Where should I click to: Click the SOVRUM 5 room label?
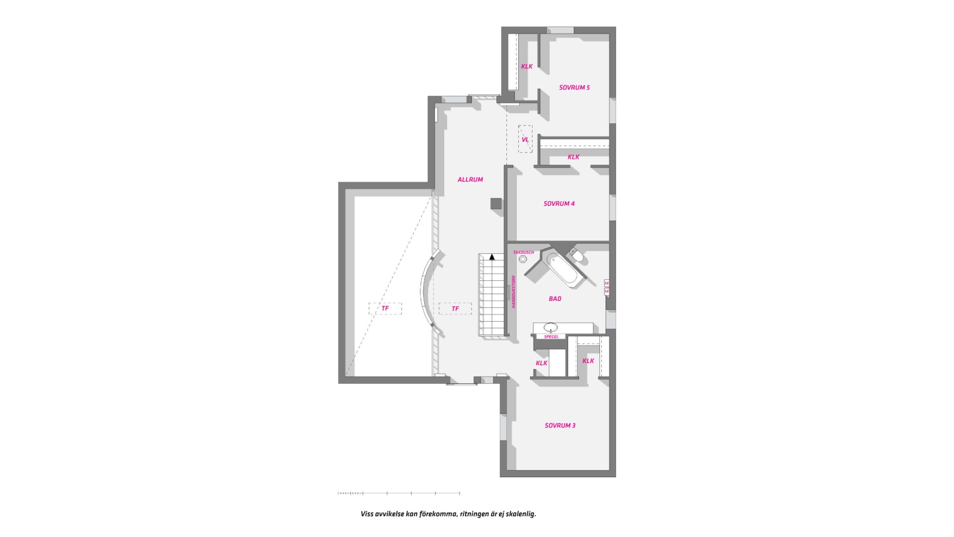(x=574, y=88)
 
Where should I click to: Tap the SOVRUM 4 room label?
(x=559, y=203)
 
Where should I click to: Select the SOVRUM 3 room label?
(x=560, y=426)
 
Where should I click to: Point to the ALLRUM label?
(x=470, y=179)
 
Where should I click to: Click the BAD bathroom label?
(x=555, y=299)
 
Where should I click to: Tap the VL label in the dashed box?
(x=525, y=140)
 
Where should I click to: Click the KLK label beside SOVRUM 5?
(x=527, y=66)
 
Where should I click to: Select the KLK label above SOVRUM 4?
(x=573, y=157)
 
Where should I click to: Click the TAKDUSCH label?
(x=524, y=253)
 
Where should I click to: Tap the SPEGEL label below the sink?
(x=551, y=337)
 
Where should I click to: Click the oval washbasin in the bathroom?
(x=551, y=327)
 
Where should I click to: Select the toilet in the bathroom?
(x=577, y=256)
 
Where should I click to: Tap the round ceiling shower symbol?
(x=523, y=259)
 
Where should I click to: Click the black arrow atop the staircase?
(x=492, y=257)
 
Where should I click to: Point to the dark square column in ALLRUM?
(x=496, y=203)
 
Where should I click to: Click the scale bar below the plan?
(x=398, y=493)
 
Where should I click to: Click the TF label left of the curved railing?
(x=385, y=309)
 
